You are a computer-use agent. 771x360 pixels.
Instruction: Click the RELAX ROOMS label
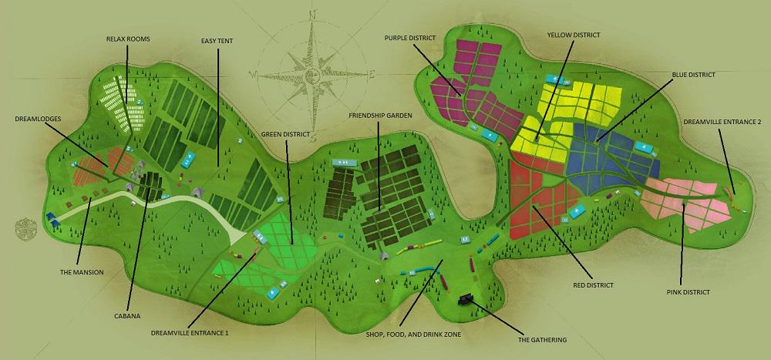pyautogui.click(x=129, y=38)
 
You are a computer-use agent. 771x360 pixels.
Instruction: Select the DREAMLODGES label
pyautogui.click(x=38, y=119)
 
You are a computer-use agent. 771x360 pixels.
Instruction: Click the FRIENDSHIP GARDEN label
pyautogui.click(x=380, y=115)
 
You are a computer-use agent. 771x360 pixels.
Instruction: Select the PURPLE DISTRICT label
pyautogui.click(x=409, y=37)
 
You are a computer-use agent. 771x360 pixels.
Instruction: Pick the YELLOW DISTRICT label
pyautogui.click(x=574, y=35)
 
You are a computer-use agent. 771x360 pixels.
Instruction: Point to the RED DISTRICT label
pyautogui.click(x=593, y=284)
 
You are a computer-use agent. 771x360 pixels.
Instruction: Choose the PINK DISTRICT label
pyautogui.click(x=688, y=292)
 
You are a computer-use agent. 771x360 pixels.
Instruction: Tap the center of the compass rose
pyautogui.click(x=312, y=74)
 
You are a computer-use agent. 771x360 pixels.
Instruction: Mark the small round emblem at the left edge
pyautogui.click(x=25, y=230)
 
